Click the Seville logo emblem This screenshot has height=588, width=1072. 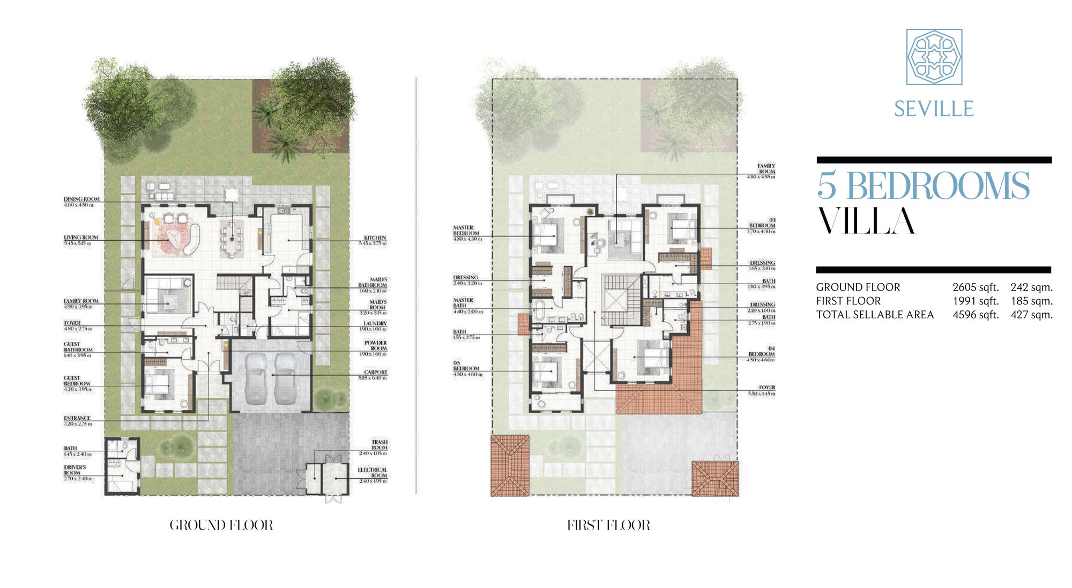[934, 57]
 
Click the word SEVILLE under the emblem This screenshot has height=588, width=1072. [933, 109]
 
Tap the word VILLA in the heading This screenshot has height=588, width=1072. [866, 221]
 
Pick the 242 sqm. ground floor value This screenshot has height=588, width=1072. [1031, 287]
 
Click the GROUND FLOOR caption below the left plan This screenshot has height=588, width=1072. [221, 525]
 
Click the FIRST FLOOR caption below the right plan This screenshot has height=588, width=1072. [608, 525]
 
